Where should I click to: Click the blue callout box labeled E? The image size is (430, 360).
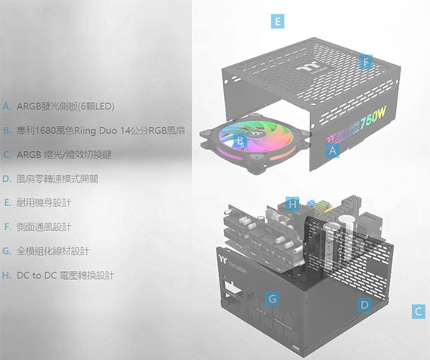(278, 21)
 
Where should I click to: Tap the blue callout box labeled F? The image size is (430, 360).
(366, 62)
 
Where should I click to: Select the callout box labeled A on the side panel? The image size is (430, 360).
(333, 150)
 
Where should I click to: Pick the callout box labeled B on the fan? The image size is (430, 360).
(240, 140)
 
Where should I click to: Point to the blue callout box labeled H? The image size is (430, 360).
(292, 204)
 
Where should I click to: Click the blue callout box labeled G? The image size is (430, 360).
(272, 298)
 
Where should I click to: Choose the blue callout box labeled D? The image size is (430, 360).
(364, 305)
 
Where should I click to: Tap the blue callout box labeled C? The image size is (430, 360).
(419, 312)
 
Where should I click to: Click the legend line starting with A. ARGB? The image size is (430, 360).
(58, 106)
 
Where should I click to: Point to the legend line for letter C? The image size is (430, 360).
(57, 155)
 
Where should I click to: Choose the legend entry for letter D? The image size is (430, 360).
(51, 179)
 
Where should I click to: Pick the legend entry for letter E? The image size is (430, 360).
(38, 203)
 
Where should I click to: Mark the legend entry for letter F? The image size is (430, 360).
(38, 227)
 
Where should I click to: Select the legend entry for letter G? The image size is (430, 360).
(46, 251)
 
